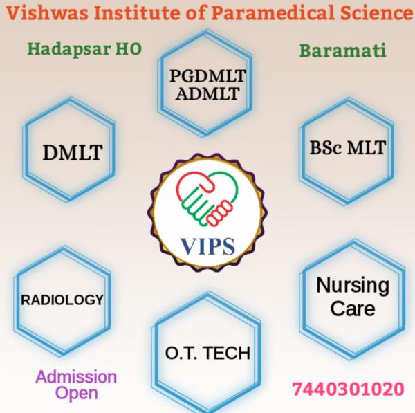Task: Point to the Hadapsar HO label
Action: point(84,50)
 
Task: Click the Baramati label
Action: point(342,51)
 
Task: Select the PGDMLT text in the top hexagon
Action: point(207,75)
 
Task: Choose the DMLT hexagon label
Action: point(71,152)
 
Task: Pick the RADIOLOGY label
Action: point(62,300)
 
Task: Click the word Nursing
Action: point(352,284)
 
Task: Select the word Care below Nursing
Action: point(353,308)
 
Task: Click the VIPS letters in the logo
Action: point(207,245)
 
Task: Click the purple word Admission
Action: point(76,378)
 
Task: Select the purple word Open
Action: point(76,394)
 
